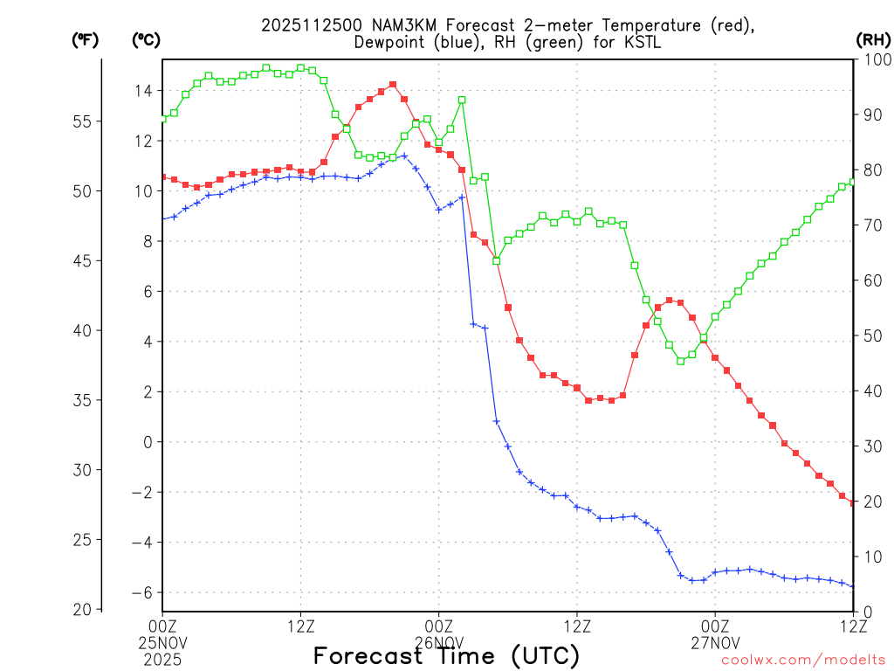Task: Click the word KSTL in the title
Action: pos(651,44)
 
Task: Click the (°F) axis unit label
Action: pos(85,40)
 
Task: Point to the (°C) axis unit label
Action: pos(145,40)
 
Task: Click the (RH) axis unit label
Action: pos(873,40)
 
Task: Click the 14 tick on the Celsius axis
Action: pos(143,91)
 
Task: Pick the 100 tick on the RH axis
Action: pos(873,59)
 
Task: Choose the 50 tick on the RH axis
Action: pos(870,335)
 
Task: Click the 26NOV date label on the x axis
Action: pos(438,641)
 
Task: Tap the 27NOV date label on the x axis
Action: pos(715,641)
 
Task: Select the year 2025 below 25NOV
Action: pos(162,657)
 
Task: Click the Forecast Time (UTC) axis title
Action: pos(446,656)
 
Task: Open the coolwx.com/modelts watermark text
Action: pos(803,661)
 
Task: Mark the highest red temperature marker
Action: pos(393,85)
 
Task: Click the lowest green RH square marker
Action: pos(681,361)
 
